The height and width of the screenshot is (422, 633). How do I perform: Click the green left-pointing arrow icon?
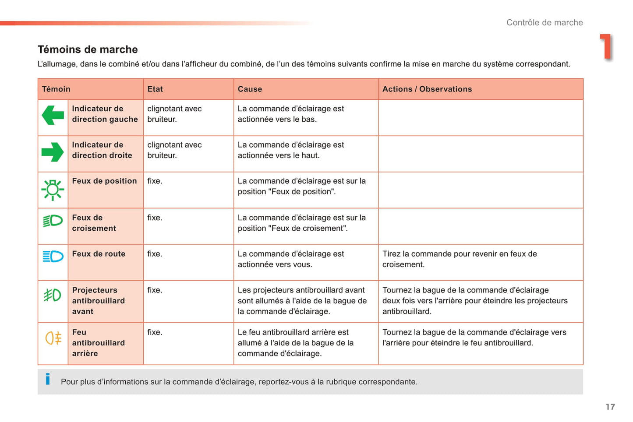(53, 115)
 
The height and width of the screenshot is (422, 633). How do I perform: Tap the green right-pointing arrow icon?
(53, 152)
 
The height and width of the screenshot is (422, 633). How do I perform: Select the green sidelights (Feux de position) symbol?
(53, 190)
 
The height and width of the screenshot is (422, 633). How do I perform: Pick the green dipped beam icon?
(53, 221)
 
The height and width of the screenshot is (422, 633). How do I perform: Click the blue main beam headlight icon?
(53, 256)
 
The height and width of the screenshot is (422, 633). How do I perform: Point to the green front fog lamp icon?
(53, 295)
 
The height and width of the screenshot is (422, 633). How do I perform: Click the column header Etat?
(155, 89)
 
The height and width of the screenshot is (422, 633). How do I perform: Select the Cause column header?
(250, 89)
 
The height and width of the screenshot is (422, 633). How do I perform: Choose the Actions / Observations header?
(427, 89)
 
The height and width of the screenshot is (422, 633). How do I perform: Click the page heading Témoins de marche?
(88, 49)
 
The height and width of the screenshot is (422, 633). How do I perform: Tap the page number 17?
(610, 407)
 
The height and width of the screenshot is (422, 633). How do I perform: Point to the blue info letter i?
(48, 379)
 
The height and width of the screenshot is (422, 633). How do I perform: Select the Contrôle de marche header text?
(544, 23)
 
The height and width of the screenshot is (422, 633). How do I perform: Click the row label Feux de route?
(99, 254)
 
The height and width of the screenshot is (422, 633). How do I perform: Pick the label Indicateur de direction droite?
(102, 150)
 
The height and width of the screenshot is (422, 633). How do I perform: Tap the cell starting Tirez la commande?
(459, 259)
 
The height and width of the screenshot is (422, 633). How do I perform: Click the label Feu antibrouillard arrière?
(98, 343)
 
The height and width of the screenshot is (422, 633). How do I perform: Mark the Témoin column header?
(56, 89)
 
